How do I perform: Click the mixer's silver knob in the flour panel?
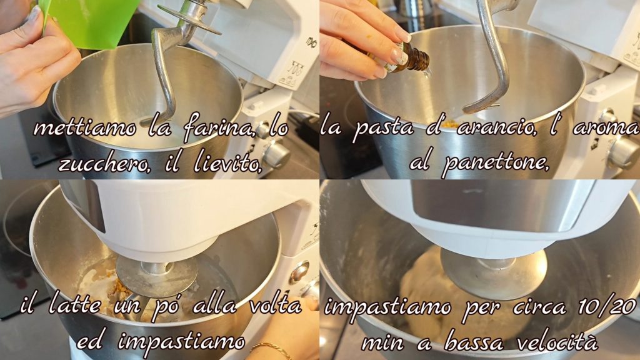click(276, 154)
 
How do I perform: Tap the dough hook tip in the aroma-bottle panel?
click(466, 109)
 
